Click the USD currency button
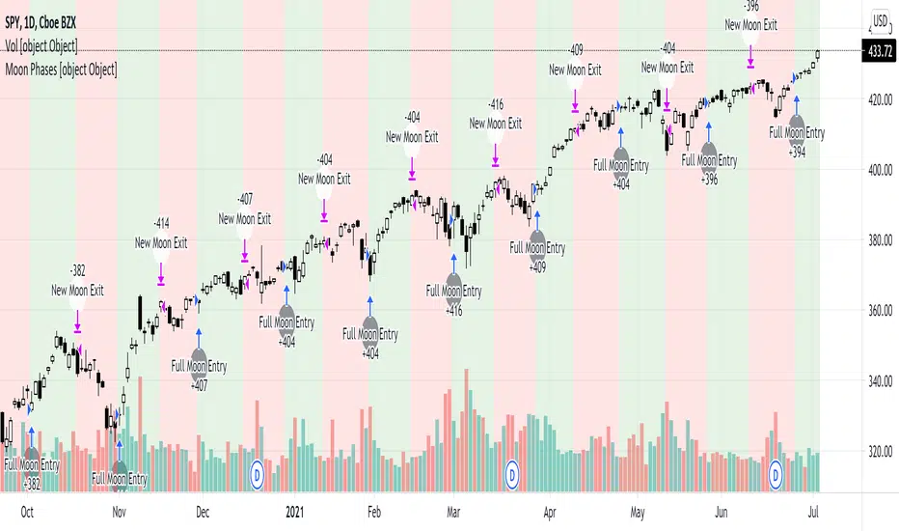[881, 20]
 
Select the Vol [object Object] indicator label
[41, 46]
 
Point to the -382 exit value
[77, 269]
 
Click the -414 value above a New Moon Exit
[161, 222]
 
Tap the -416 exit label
[495, 103]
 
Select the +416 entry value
[453, 311]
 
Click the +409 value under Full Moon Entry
[536, 267]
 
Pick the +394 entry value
[797, 152]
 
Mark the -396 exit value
[750, 8]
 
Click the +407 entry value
[199, 385]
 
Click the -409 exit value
[575, 49]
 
